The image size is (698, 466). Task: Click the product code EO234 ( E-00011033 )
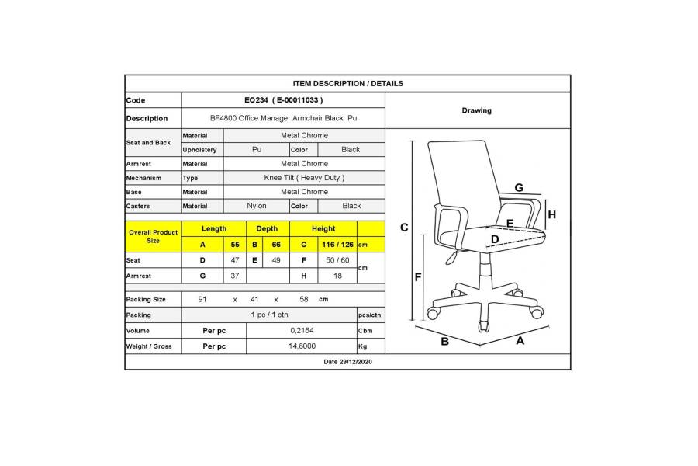pyautogui.click(x=284, y=100)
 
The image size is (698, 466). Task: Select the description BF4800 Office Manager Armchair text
pyautogui.click(x=276, y=118)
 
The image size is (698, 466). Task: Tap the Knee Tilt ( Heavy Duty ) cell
pyautogui.click(x=304, y=178)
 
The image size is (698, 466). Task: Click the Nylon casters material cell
pyautogui.click(x=257, y=206)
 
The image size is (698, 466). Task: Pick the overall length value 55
pyautogui.click(x=235, y=245)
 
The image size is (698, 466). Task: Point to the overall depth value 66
pyautogui.click(x=276, y=245)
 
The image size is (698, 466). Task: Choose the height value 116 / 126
pyautogui.click(x=337, y=245)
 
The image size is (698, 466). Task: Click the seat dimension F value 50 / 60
pyautogui.click(x=337, y=260)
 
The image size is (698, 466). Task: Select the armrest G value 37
pyautogui.click(x=235, y=276)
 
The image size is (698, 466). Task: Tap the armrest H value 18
pyautogui.click(x=337, y=276)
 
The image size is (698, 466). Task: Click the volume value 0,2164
pyautogui.click(x=302, y=330)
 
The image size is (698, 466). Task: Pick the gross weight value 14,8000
pyautogui.click(x=302, y=346)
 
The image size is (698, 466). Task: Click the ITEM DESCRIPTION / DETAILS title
pyautogui.click(x=347, y=83)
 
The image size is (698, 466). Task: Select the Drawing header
pyautogui.click(x=476, y=110)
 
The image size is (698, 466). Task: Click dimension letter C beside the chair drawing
pyautogui.click(x=404, y=228)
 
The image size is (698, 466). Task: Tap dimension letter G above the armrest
pyautogui.click(x=519, y=188)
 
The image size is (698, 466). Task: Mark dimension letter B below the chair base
pyautogui.click(x=444, y=342)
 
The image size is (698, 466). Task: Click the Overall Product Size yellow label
pyautogui.click(x=153, y=236)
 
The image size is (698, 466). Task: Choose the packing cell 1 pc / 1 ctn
pyautogui.click(x=269, y=315)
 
